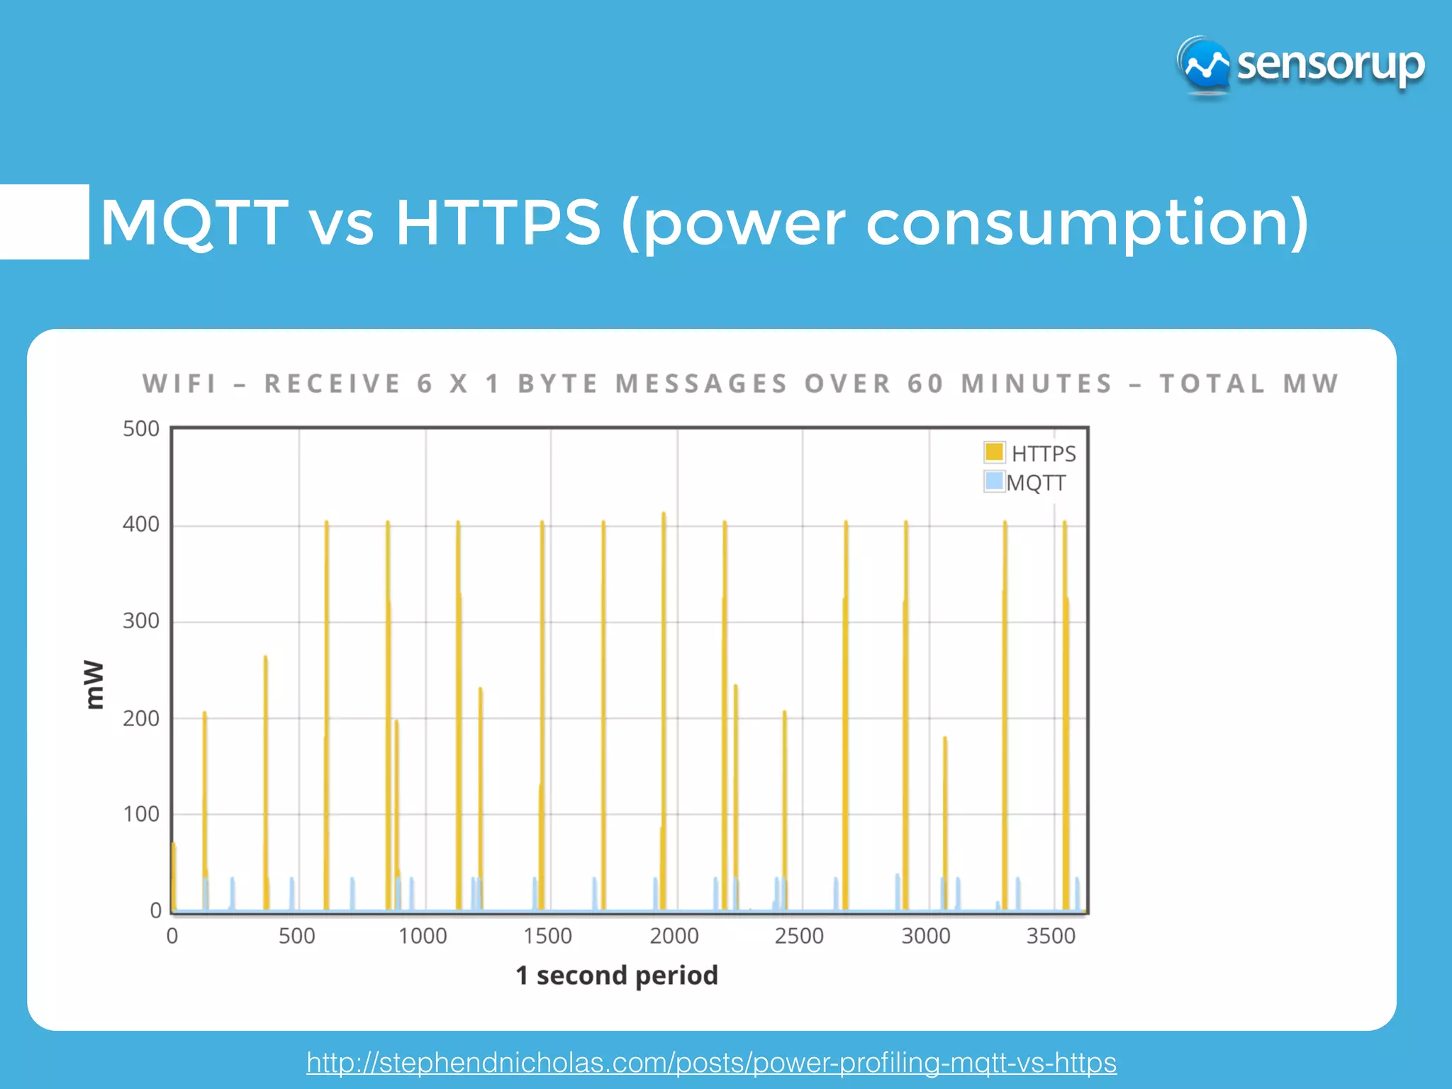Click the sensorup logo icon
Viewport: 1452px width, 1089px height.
tap(1205, 66)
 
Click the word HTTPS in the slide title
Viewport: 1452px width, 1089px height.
tap(498, 223)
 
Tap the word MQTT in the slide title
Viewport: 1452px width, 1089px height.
tap(194, 223)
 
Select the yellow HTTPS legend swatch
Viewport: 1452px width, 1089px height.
tap(994, 452)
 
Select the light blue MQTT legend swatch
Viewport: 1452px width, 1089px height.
tap(994, 481)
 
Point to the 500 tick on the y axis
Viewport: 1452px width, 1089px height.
tap(141, 429)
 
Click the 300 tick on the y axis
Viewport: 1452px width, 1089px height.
tap(141, 621)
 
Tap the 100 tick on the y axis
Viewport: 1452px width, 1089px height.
tap(141, 814)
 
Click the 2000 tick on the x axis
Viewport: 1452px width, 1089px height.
tap(674, 936)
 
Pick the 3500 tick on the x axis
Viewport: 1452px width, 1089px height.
tap(1051, 936)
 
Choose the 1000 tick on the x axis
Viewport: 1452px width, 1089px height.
tap(423, 936)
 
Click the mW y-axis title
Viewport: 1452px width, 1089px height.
tap(94, 684)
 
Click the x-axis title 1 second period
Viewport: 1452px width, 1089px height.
tap(617, 976)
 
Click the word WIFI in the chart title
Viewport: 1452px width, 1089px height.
tap(179, 384)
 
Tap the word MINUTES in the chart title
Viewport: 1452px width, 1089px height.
tap(1037, 384)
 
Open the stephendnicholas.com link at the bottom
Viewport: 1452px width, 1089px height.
tap(711, 1062)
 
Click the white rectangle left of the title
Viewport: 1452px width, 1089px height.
tap(44, 222)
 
